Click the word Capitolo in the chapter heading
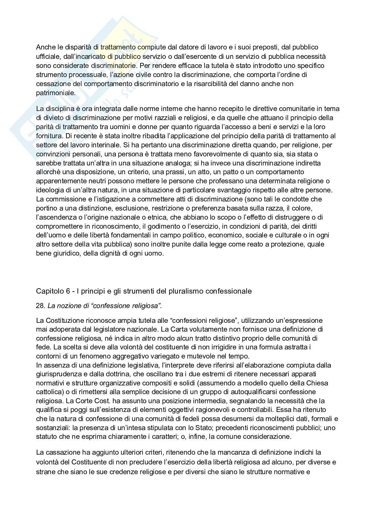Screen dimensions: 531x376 48,292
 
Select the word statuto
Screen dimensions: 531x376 46,437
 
